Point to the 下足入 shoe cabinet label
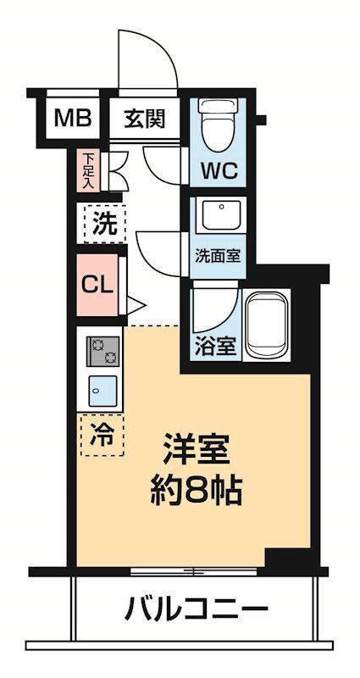[x=89, y=169]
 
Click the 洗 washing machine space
[x=104, y=226]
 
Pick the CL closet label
[x=97, y=285]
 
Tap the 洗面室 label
[x=218, y=255]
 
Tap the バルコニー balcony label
[x=197, y=608]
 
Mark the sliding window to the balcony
[x=194, y=570]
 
